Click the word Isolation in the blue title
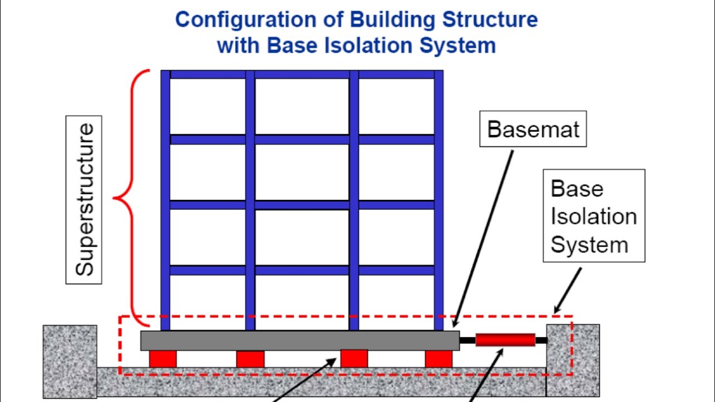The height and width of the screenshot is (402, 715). tap(369, 45)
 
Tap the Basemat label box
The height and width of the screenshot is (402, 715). tap(533, 129)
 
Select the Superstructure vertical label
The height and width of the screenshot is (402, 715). tap(84, 200)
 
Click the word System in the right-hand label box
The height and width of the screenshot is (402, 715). tap(589, 245)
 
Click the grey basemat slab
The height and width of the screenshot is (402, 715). tap(300, 341)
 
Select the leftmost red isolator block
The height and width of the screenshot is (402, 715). tap(163, 359)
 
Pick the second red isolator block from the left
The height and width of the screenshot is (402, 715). tap(250, 359)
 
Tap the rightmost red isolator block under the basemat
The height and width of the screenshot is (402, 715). tap(438, 359)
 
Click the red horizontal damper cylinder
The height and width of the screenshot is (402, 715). tap(506, 340)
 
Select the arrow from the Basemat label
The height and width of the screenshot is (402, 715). tap(483, 239)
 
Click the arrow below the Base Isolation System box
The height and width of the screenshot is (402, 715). tap(568, 291)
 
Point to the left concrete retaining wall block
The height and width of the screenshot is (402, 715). tap(70, 362)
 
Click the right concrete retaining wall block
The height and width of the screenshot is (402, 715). tap(573, 361)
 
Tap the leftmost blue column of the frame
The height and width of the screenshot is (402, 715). tap(165, 200)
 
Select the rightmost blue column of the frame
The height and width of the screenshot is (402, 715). tap(438, 200)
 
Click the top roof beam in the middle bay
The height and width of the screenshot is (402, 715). tap(302, 75)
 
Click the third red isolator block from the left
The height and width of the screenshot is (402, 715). tap(354, 358)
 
